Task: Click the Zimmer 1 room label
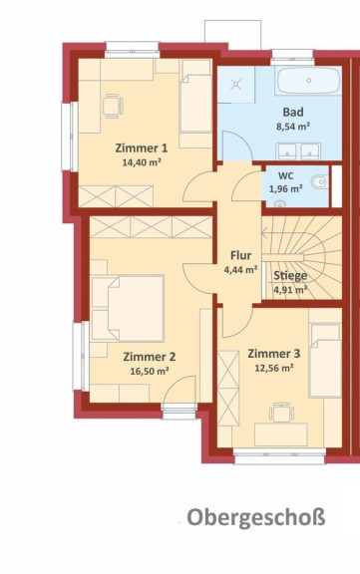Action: [x=142, y=148]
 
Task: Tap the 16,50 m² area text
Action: [x=150, y=371]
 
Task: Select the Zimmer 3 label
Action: [x=274, y=354]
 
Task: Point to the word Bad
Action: [x=293, y=112]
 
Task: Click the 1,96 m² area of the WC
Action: [x=285, y=189]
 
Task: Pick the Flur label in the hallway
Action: [x=240, y=255]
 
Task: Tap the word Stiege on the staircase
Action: [x=290, y=276]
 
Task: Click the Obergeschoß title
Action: [x=256, y=517]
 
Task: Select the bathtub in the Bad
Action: [x=308, y=81]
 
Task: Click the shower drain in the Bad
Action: [x=236, y=86]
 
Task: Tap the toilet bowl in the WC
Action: [x=319, y=181]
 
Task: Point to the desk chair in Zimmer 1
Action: [x=112, y=107]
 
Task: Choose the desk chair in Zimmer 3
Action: [x=281, y=413]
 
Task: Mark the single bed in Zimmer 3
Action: [x=325, y=360]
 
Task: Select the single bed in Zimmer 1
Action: [x=195, y=97]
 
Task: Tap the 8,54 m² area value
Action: [x=293, y=127]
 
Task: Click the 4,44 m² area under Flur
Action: [x=240, y=270]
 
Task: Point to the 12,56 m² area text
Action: [x=274, y=368]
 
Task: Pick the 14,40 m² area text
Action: [x=142, y=162]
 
